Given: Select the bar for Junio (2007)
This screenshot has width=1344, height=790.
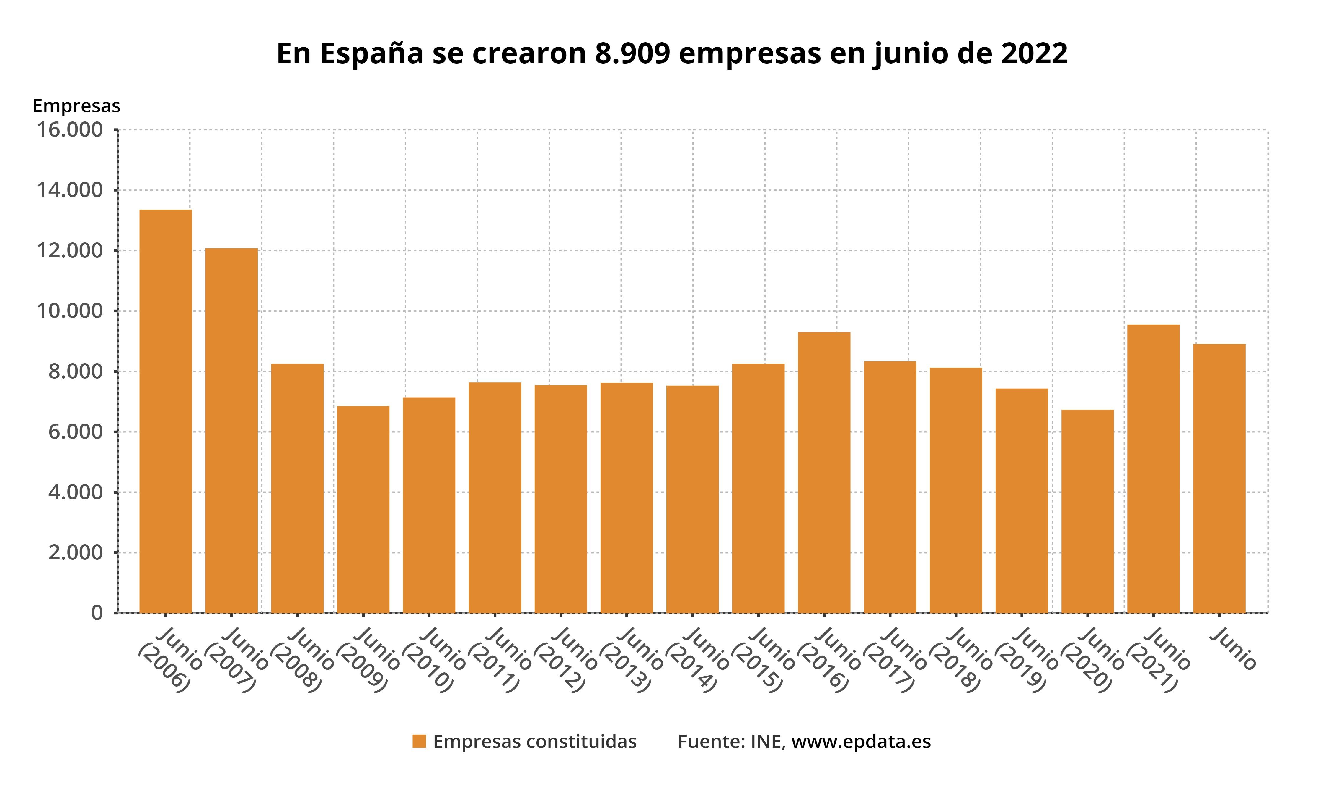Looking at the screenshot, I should point(231,430).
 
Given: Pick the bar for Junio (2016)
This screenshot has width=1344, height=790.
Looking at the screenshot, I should point(824,472).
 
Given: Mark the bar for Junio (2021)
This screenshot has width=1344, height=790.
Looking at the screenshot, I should point(1153,469).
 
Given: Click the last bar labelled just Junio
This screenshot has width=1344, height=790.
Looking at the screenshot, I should point(1219,478).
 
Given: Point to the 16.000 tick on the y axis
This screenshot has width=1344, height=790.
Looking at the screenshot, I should point(69,130).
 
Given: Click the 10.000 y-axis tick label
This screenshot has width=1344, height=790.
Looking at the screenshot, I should point(69,311).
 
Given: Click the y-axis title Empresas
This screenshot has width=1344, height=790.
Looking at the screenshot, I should point(76,106).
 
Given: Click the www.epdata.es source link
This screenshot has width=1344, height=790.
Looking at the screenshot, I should point(861,742).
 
